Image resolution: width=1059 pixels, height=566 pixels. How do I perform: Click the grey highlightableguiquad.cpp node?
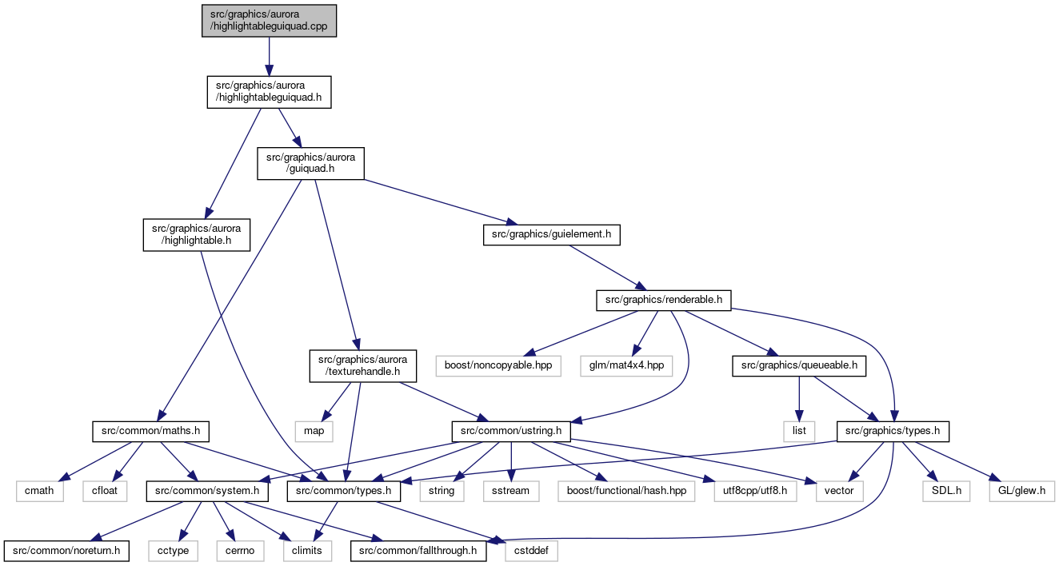tap(269, 21)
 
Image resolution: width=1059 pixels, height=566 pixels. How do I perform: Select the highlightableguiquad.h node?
tap(269, 92)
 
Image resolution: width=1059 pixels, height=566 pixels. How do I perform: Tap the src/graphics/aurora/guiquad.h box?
tap(310, 163)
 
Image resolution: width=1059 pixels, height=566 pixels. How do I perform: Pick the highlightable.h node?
tap(196, 235)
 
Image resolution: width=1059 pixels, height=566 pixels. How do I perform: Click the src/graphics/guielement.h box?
tap(551, 235)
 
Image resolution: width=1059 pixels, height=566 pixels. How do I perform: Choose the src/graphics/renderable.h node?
tap(663, 301)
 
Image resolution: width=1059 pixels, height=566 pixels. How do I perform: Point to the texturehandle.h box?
tap(362, 365)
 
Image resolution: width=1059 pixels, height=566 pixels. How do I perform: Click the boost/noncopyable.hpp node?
tap(498, 366)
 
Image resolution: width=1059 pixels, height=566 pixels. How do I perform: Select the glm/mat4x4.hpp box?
tap(626, 366)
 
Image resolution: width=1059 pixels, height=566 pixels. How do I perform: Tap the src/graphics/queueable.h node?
tap(799, 366)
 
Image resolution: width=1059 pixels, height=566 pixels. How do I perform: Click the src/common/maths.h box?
tap(150, 432)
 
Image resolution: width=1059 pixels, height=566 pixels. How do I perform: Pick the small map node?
tap(314, 432)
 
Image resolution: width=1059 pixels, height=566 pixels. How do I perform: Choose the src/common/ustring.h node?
tap(511, 432)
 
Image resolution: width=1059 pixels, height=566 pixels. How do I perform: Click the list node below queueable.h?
tap(799, 432)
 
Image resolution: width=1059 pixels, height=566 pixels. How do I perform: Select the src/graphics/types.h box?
tap(893, 432)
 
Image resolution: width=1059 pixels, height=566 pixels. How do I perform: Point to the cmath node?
tap(39, 492)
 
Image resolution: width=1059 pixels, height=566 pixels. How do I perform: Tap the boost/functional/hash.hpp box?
tap(626, 492)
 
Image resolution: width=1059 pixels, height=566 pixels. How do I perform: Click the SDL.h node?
tap(946, 492)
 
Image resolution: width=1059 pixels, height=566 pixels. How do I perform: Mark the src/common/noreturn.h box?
tap(66, 552)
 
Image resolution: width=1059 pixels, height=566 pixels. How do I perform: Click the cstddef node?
tap(531, 552)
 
